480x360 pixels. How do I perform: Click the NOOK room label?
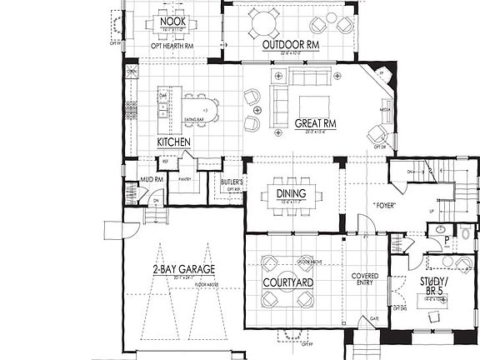coord(172,21)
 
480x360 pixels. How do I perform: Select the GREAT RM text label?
coord(315,124)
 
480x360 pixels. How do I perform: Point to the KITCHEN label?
coord(174,142)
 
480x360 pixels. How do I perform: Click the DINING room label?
coord(291,194)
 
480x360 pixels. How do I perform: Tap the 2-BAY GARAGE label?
coord(183,269)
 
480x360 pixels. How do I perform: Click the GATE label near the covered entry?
coord(374,318)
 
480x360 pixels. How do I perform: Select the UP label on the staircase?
coord(429,212)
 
